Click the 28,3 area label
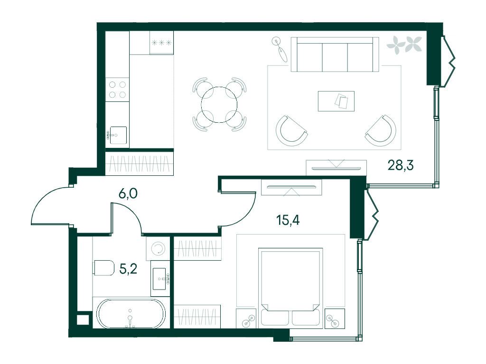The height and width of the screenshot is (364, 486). pyautogui.click(x=401, y=166)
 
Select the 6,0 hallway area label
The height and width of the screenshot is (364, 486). pyautogui.click(x=128, y=193)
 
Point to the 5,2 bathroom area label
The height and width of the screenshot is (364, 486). pyautogui.click(x=128, y=269)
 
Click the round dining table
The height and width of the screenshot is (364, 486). pyautogui.click(x=219, y=105)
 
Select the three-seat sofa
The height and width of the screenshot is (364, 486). pyautogui.click(x=335, y=55)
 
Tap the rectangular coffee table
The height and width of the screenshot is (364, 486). pyautogui.click(x=336, y=101)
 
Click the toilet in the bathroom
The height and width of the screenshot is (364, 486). pyautogui.click(x=103, y=267)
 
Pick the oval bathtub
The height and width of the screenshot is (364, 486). pyautogui.click(x=131, y=313)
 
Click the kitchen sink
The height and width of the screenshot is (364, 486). pyautogui.click(x=118, y=135)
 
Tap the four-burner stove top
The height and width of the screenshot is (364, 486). pyautogui.click(x=117, y=90)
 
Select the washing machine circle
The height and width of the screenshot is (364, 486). pyautogui.click(x=158, y=248)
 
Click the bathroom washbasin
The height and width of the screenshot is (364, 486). pyautogui.click(x=161, y=279)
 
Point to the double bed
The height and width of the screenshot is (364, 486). pyautogui.click(x=290, y=287)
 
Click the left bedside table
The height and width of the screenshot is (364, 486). pyautogui.click(x=246, y=318)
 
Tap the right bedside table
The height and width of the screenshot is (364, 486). pyautogui.click(x=335, y=318)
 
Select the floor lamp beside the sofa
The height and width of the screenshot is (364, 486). pyautogui.click(x=280, y=49)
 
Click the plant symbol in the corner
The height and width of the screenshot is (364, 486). pyautogui.click(x=404, y=45)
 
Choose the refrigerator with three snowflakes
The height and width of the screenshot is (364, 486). pyautogui.click(x=161, y=43)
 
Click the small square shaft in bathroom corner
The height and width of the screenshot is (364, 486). pyautogui.click(x=83, y=320)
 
